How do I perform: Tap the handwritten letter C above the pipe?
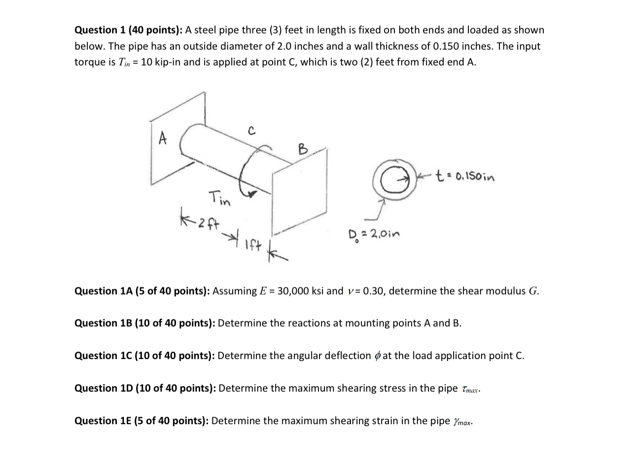click(251, 131)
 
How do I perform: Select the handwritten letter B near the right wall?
click(303, 148)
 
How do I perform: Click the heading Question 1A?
click(107, 291)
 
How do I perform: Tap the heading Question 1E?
click(107, 421)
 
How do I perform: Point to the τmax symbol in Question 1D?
click(470, 390)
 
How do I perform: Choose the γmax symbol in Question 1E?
click(462, 422)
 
